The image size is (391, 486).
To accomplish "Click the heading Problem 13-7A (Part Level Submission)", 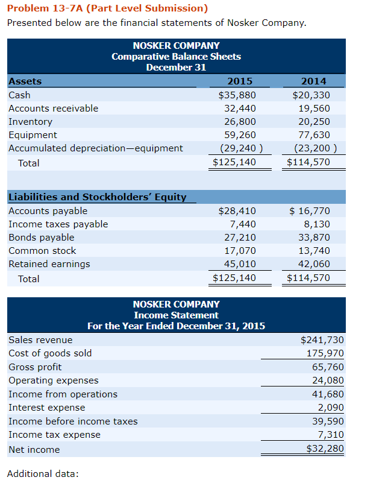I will (107, 8).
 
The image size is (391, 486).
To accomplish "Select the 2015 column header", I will (240, 81).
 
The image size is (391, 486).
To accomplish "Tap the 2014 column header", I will (313, 81).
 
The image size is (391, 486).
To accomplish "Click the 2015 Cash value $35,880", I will (237, 95).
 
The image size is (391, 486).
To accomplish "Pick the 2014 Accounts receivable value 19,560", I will (314, 109).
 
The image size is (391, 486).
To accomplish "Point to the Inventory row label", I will (30, 122).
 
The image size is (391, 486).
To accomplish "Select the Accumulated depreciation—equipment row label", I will (96, 148).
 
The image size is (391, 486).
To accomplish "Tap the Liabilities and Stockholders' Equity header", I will (97, 197).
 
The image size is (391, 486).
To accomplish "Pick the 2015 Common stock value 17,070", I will (240, 251).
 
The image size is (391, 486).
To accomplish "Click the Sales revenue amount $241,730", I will (322, 340).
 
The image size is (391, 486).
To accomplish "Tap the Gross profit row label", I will (35, 367).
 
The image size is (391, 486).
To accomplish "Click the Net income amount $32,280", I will (325, 449).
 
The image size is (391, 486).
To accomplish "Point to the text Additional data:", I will (43, 473).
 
